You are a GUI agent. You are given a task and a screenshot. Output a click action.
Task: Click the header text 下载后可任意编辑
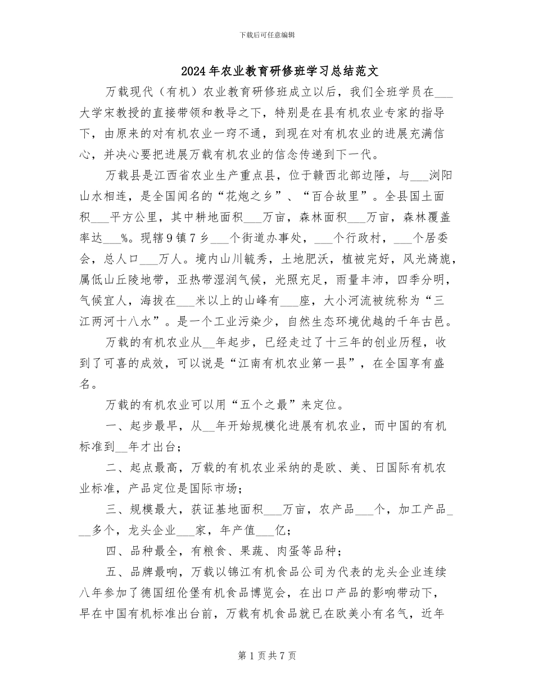267,35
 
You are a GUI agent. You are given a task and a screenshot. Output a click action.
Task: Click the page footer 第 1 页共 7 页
267,655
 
